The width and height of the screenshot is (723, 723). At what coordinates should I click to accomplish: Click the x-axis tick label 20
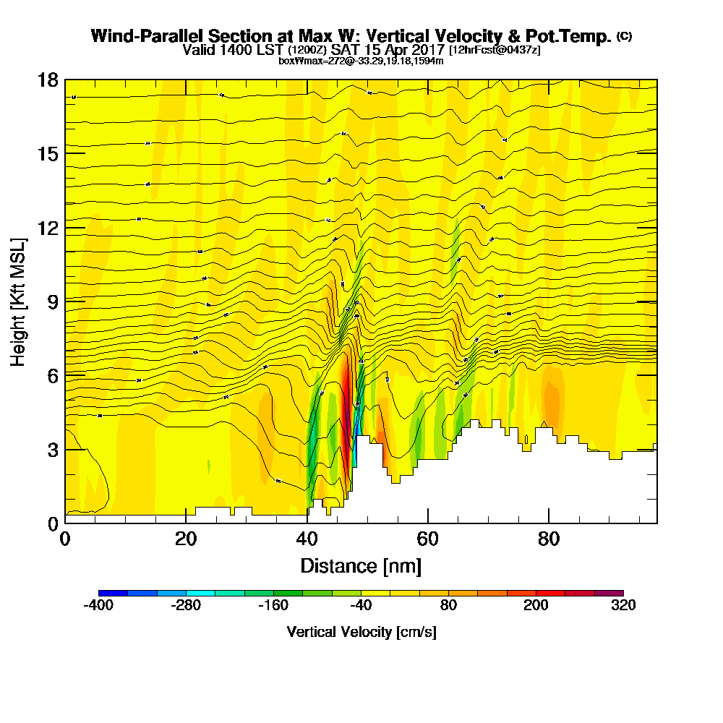[186, 539]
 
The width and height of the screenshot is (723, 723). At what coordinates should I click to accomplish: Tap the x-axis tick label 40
[307, 539]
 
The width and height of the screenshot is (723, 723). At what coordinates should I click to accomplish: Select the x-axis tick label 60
[428, 539]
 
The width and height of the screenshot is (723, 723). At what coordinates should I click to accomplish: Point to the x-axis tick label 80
[549, 539]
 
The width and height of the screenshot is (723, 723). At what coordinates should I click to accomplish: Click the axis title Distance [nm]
[361, 565]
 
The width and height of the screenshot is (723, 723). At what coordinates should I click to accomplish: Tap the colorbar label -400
[98, 605]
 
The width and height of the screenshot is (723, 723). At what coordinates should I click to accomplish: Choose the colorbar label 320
[623, 605]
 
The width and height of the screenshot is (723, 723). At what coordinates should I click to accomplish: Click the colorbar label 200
[536, 605]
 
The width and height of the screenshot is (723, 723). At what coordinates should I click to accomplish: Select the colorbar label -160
[273, 605]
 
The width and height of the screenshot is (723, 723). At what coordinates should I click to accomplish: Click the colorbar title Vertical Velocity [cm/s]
[361, 632]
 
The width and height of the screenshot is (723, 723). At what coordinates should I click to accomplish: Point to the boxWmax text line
[361, 61]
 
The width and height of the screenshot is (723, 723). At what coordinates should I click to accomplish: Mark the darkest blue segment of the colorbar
[113, 593]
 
